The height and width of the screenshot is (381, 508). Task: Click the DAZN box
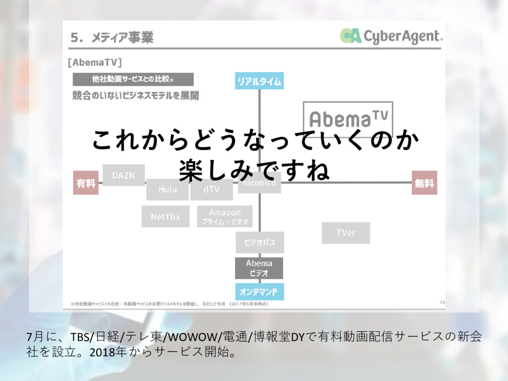124,175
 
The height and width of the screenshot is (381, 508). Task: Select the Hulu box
167,190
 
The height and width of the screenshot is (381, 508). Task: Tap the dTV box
211,190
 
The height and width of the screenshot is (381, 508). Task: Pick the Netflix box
165,217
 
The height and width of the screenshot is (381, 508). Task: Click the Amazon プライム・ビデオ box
225,217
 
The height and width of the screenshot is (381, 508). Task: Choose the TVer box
345,233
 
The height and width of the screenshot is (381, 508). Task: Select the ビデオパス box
259,243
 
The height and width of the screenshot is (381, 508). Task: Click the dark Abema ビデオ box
259,268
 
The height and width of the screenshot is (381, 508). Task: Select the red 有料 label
86,183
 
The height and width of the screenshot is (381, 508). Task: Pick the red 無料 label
424,183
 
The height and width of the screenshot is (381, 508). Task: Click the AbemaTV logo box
348,118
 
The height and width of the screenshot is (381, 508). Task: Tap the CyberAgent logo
391,36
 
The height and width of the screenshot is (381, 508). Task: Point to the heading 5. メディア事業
112,37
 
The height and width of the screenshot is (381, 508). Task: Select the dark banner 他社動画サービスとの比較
133,79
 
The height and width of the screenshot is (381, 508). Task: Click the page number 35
442,302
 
